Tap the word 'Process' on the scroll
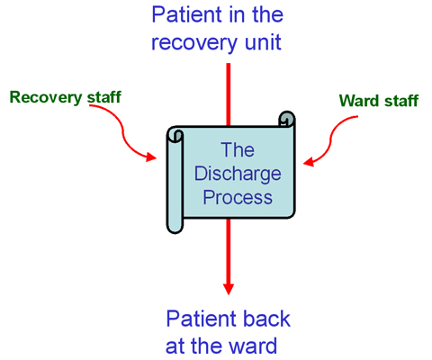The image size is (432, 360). click(238, 197)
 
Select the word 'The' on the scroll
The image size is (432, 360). click(238, 149)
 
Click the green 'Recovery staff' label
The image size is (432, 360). click(66, 97)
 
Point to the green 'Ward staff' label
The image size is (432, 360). click(379, 101)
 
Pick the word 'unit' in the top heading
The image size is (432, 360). click(263, 41)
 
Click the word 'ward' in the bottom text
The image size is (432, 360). click(252, 346)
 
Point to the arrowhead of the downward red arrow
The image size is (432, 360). click(229, 289)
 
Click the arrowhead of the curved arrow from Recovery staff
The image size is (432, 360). click(151, 157)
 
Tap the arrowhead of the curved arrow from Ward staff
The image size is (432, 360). click(309, 162)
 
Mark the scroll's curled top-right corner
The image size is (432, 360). click(287, 119)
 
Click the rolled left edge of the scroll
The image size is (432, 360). click(175, 180)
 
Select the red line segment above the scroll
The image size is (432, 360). click(229, 94)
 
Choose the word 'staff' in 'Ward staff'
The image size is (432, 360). click(401, 101)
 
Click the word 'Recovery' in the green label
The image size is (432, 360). click(46, 98)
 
